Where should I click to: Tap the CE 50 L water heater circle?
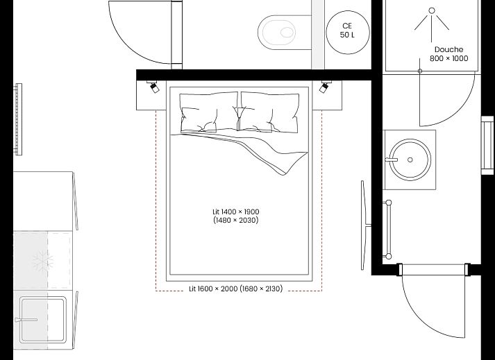click(x=346, y=30)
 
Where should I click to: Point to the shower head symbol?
click(x=432, y=19)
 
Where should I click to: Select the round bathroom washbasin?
click(x=409, y=159)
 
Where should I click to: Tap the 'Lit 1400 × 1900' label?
click(x=236, y=216)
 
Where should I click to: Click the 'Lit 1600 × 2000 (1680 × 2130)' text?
click(x=235, y=289)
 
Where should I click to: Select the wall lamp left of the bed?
click(x=153, y=87)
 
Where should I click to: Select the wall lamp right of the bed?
click(x=324, y=87)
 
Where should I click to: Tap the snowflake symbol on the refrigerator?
click(x=42, y=262)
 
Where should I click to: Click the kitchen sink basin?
click(x=43, y=319)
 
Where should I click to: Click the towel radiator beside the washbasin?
click(x=388, y=229)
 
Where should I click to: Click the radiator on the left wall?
click(x=19, y=119)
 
